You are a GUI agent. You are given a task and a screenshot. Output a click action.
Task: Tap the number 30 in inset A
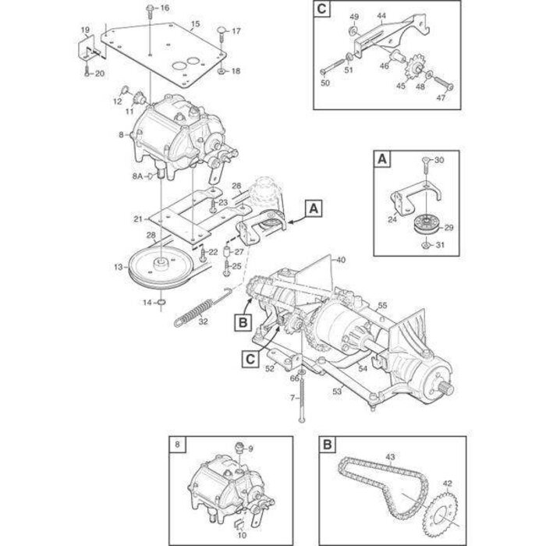(x=438, y=160)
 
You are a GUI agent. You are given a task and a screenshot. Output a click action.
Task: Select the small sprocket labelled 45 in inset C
(x=410, y=71)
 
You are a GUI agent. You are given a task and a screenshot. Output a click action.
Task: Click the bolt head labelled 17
(x=237, y=30)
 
